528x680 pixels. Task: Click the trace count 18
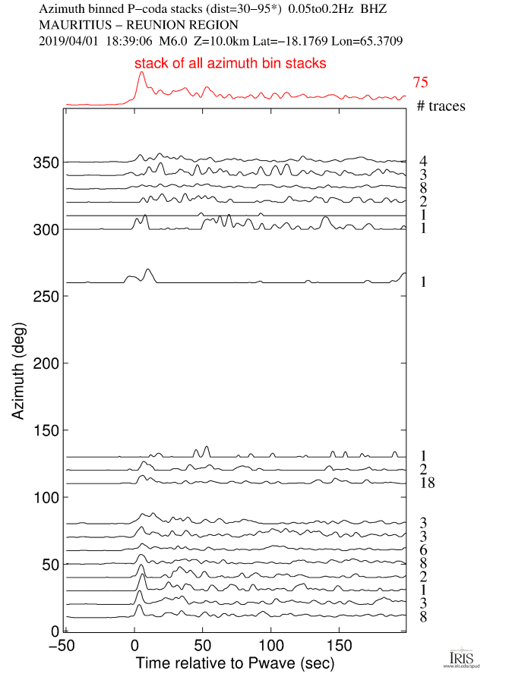tap(426, 483)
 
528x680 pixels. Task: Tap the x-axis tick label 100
tap(270, 645)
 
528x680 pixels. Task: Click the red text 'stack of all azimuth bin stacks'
tap(231, 64)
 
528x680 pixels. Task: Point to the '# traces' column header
tap(441, 106)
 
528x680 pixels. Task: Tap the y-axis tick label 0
tap(55, 631)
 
